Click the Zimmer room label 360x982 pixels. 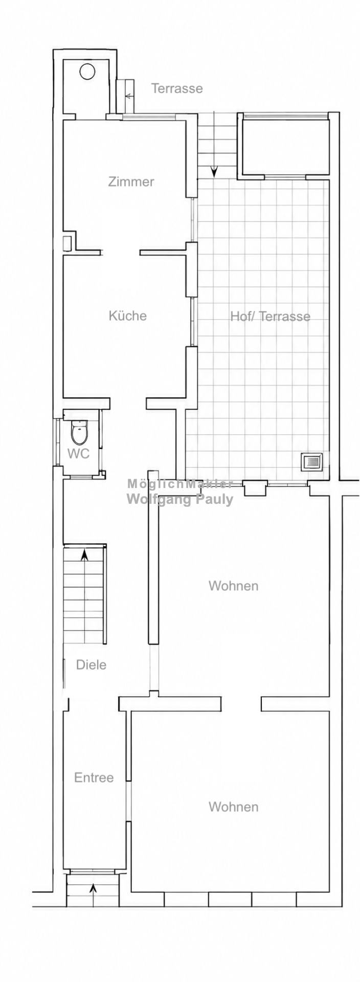131,182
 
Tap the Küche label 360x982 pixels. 127,316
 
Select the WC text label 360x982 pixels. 78,453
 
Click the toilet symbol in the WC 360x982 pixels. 79,432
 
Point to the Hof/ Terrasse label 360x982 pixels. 270,316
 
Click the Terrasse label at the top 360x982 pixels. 177,88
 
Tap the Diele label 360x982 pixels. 91,665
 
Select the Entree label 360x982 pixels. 94,777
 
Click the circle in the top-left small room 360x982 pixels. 87,71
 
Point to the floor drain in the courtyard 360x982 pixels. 311,462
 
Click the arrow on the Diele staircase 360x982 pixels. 84,554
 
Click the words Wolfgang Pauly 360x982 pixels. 179,499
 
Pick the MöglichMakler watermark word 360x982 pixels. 179,484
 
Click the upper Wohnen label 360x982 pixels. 233,586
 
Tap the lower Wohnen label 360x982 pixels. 233,807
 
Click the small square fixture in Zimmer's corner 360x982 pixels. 67,243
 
